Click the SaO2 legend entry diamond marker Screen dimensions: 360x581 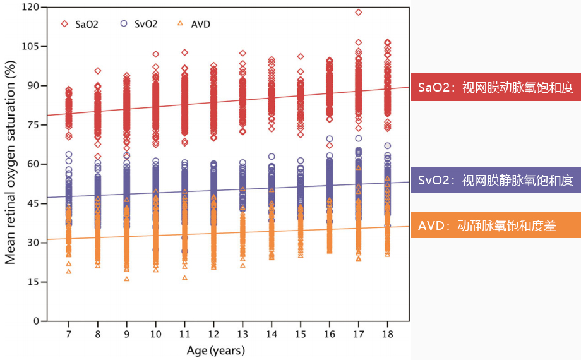click(x=64, y=24)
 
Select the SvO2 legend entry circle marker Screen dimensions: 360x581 click(x=123, y=24)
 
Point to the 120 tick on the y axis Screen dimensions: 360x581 click(x=30, y=7)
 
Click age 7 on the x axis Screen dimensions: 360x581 click(x=68, y=333)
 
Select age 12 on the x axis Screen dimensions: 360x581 click(x=213, y=333)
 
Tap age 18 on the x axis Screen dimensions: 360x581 click(x=387, y=333)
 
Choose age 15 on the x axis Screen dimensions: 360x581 click(x=301, y=333)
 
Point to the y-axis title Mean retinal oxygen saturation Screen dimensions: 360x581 click(x=11, y=164)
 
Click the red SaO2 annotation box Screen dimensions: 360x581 click(x=495, y=87)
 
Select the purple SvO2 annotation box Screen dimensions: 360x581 click(x=495, y=181)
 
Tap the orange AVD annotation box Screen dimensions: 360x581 click(x=495, y=225)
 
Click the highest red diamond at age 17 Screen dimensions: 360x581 click(x=359, y=12)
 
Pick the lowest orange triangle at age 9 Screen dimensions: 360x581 click(x=126, y=279)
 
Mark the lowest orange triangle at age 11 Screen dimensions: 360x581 click(x=184, y=278)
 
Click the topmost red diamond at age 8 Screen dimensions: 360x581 click(x=98, y=71)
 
